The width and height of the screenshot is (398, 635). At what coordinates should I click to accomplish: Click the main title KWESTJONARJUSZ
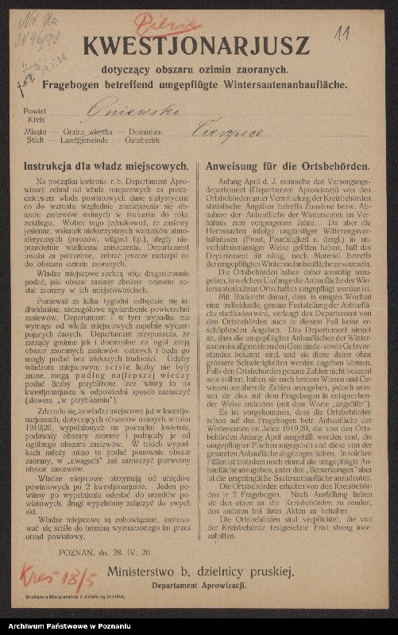coord(195,46)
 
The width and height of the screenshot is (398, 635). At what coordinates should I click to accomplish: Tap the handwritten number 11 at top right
coord(343,33)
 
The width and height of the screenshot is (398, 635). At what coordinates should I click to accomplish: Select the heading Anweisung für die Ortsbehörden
coord(287,167)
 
